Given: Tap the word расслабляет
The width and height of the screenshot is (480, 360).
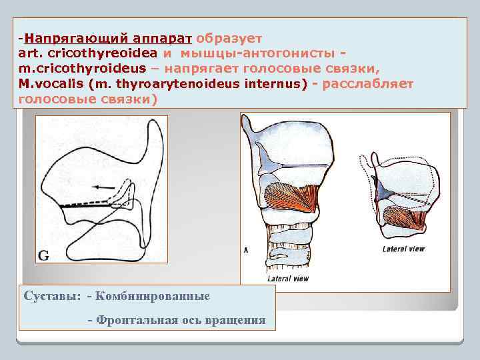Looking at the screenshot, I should (x=367, y=84).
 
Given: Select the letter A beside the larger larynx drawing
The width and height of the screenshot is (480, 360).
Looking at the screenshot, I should (x=246, y=250).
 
